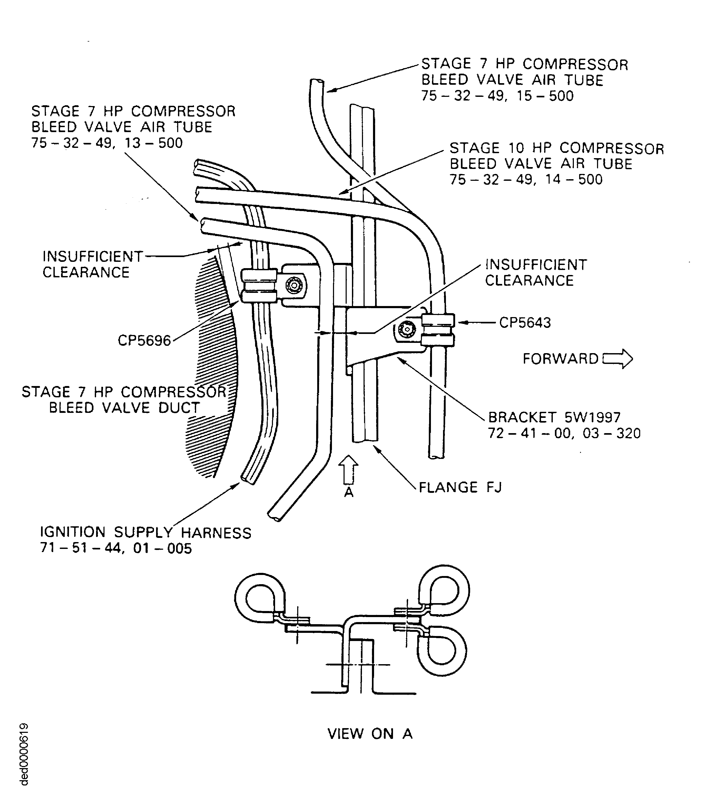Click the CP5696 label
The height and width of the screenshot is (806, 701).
point(144,341)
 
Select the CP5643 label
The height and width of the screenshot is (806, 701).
point(525,323)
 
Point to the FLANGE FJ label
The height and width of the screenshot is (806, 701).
point(460,487)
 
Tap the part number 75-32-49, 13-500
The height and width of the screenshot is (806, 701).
point(107,143)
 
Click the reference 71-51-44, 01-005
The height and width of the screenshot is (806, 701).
point(116,548)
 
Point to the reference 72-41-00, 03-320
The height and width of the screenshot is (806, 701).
point(564,433)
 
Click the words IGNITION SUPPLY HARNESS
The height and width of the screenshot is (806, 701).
point(146,533)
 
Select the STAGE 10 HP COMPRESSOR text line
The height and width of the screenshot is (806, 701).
point(557,148)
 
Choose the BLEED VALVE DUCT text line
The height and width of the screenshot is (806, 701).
point(125,408)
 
